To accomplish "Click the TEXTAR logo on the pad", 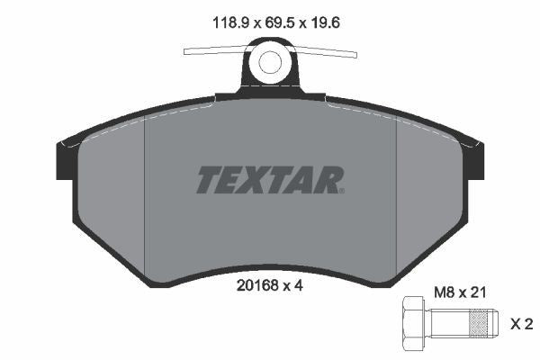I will pyautogui.click(x=268, y=179).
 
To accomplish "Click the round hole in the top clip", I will pyautogui.click(x=270, y=62).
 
